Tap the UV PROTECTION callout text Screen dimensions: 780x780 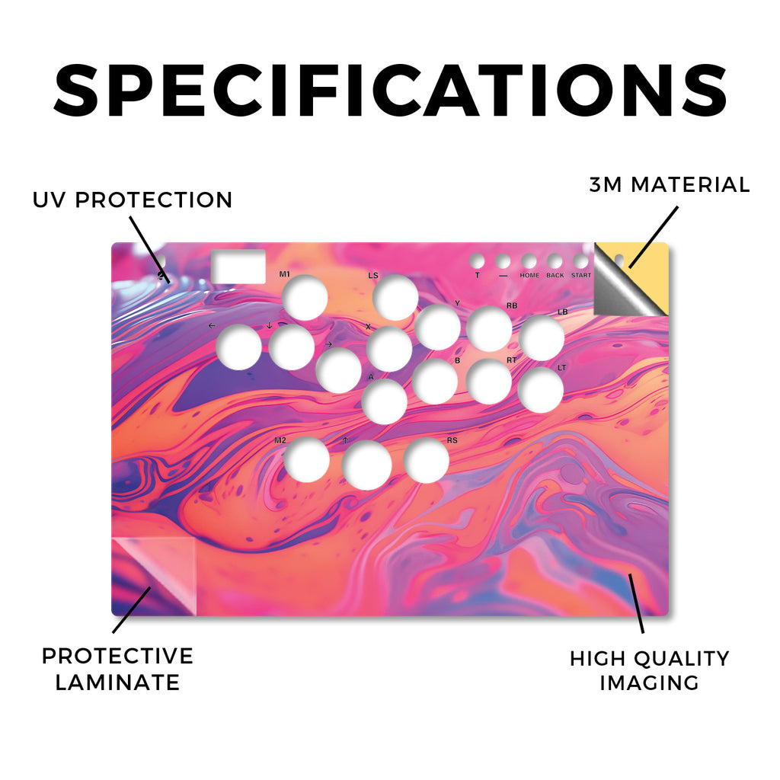coord(133,200)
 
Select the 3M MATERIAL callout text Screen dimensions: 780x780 coord(670,184)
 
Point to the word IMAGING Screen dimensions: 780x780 coord(649,682)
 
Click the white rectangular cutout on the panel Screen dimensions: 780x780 coord(238,267)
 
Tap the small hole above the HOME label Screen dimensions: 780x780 coord(529,261)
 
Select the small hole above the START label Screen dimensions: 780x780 coord(580,261)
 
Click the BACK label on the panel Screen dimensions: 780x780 coord(555,275)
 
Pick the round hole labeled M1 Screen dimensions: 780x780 coord(305,298)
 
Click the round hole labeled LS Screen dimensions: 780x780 coord(395,298)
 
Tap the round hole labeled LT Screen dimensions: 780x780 coord(541,389)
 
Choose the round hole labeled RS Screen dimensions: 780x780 coord(427,461)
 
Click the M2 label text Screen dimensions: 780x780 coord(280,440)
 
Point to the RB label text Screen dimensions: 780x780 coord(511,305)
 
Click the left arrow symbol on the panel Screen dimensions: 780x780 coord(212,326)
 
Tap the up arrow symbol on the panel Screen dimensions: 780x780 coord(345,440)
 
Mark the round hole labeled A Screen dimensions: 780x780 coord(385,401)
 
